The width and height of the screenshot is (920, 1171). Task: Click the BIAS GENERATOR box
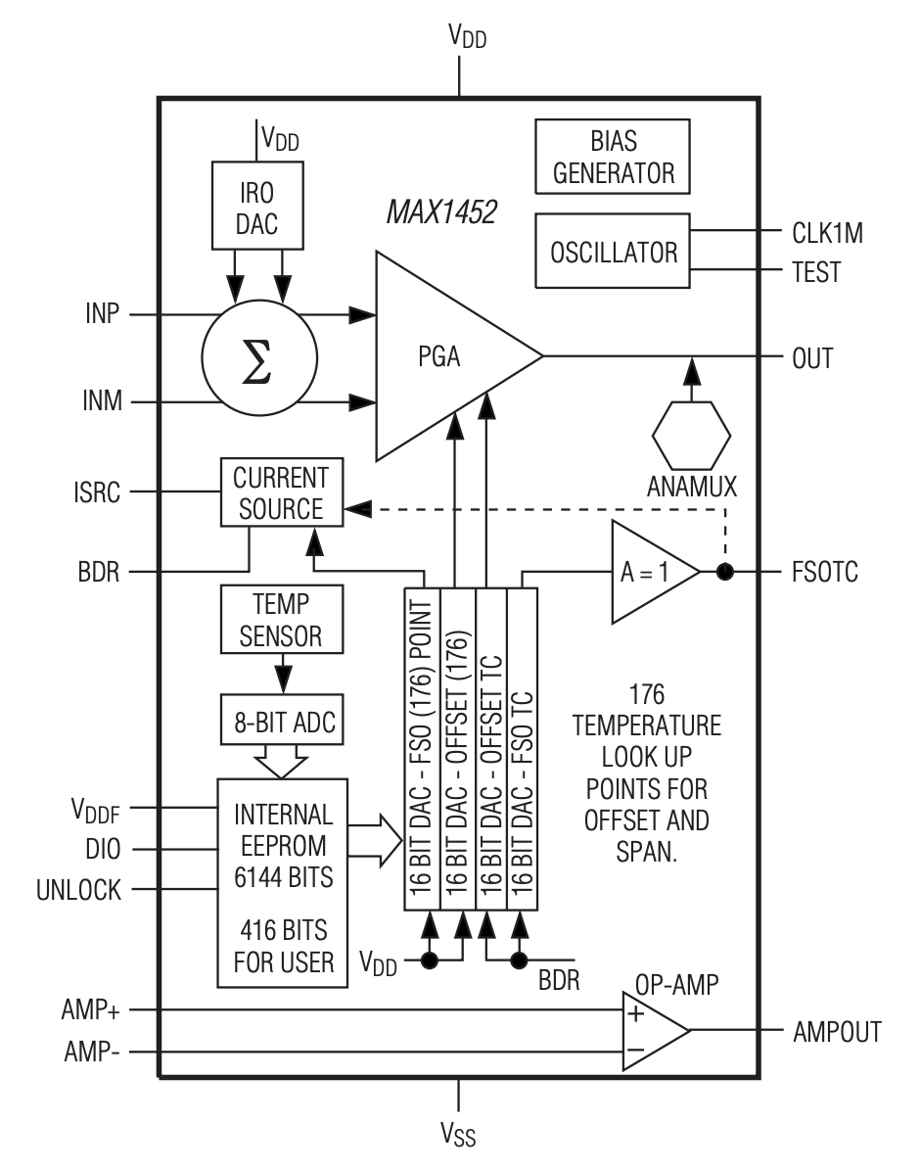[613, 157]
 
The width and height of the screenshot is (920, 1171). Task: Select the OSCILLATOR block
[613, 251]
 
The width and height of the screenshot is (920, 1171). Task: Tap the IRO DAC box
[257, 207]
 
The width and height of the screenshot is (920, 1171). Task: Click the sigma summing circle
[259, 357]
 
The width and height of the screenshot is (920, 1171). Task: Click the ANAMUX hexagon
[691, 436]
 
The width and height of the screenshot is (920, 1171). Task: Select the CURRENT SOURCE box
[282, 492]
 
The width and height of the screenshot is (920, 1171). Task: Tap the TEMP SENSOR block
[282, 619]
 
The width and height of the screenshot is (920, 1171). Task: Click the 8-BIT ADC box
[282, 720]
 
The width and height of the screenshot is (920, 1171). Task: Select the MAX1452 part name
[441, 212]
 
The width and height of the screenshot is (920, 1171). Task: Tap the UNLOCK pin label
[78, 890]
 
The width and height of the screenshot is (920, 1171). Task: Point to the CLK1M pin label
[827, 234]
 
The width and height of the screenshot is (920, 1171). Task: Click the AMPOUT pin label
[837, 1032]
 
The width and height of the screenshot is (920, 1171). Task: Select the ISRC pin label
[96, 492]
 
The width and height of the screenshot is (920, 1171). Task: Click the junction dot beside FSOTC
[724, 572]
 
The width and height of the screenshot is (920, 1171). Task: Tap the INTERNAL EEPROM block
[282, 883]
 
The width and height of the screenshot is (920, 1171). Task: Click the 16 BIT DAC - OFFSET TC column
[491, 749]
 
